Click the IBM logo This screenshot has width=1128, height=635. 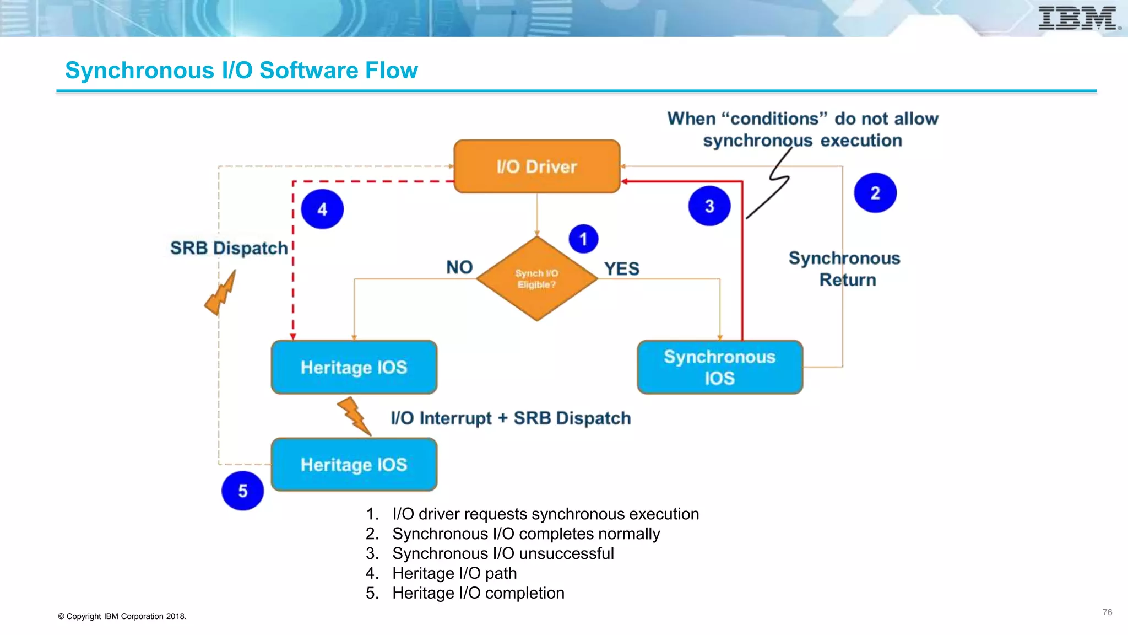point(1077,18)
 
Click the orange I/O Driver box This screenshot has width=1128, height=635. point(536,166)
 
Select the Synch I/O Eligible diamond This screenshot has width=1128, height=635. point(536,279)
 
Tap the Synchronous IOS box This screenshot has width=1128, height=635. point(719,367)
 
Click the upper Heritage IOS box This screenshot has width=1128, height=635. point(354,367)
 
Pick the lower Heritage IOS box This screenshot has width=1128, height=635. point(354,465)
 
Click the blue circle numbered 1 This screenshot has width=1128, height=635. point(583,239)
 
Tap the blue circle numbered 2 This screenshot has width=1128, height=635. point(875,193)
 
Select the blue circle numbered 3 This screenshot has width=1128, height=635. point(709,206)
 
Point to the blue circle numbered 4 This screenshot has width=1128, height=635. point(322,209)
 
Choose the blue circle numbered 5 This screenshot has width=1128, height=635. point(242,491)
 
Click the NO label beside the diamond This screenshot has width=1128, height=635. point(459,267)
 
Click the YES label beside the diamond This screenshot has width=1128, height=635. point(621,269)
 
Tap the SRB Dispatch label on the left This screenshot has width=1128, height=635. point(229,248)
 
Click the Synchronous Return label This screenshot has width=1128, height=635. point(845,269)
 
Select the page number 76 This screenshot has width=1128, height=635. point(1107,612)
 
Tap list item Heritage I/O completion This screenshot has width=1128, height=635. point(478,593)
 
